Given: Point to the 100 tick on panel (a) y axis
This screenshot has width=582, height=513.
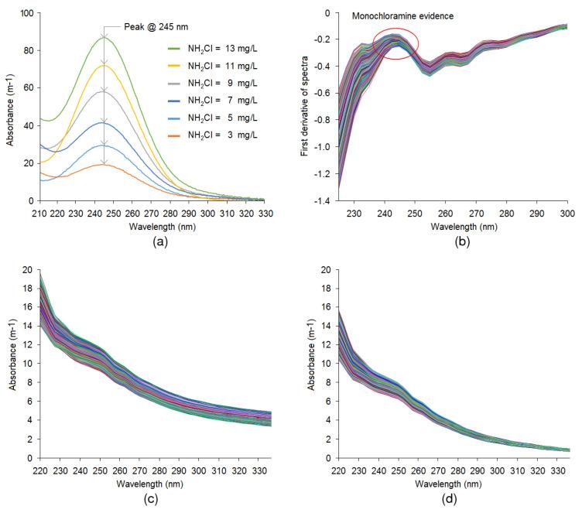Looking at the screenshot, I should pyautogui.click(x=26, y=13).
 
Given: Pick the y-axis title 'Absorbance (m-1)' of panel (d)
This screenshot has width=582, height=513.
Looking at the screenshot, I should pyautogui.click(x=313, y=364).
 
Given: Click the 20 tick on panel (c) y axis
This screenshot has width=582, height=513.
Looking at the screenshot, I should pyautogui.click(x=28, y=270).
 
